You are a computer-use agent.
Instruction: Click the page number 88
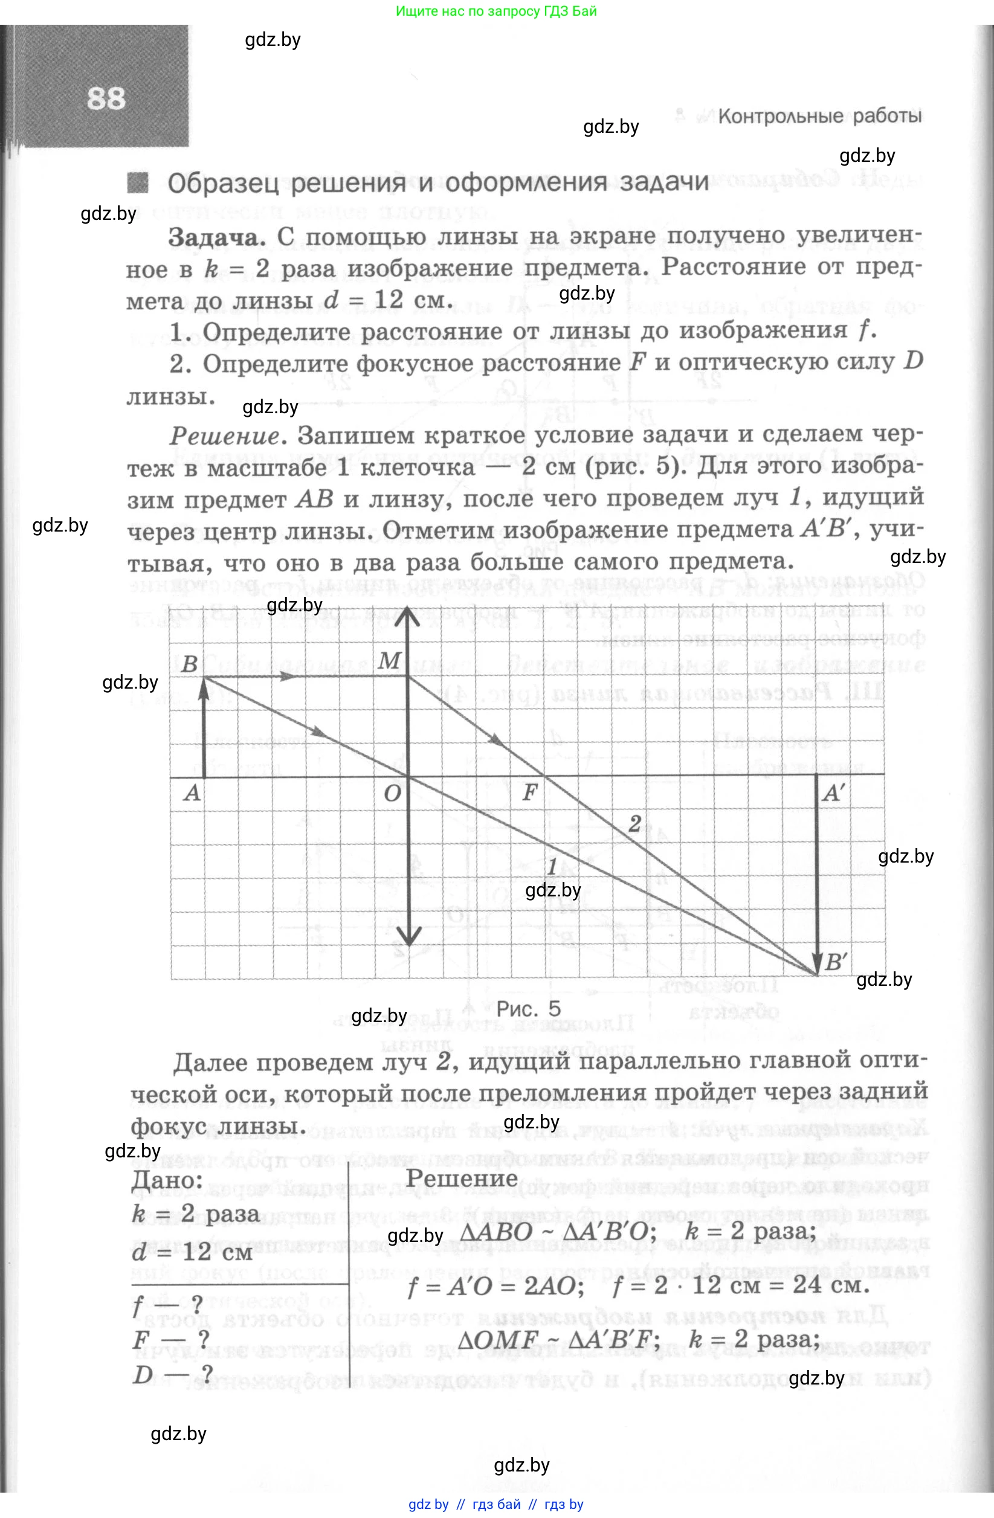click(106, 99)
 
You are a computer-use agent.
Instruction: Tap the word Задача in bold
click(216, 238)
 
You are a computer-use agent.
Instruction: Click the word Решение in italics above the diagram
click(225, 436)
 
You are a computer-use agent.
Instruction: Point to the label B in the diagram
click(190, 664)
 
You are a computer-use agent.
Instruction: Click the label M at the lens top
click(389, 661)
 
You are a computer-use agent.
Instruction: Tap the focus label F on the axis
click(529, 793)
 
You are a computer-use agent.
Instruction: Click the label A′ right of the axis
click(833, 794)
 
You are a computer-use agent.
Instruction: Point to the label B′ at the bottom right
click(836, 962)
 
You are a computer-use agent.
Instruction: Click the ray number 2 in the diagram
click(634, 823)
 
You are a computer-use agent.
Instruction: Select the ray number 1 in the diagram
click(552, 866)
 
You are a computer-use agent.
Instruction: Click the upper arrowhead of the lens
click(408, 613)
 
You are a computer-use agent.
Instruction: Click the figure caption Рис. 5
click(528, 1008)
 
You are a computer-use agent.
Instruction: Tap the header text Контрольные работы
click(819, 116)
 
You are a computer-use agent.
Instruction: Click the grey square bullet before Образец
click(137, 183)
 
